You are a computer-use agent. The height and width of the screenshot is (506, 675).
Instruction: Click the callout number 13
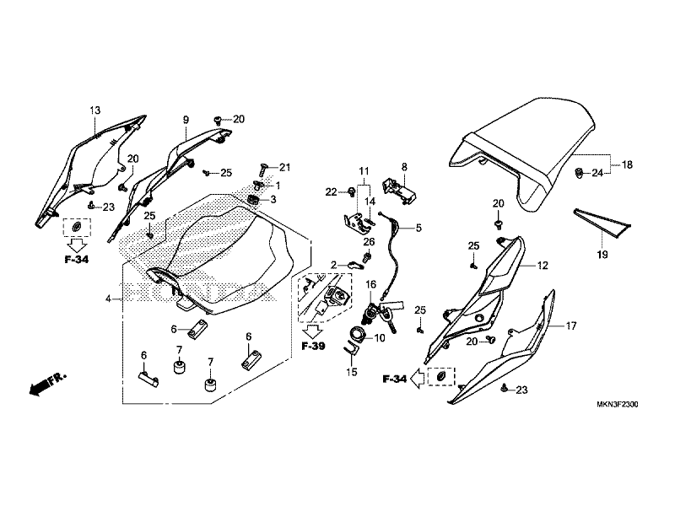(x=95, y=111)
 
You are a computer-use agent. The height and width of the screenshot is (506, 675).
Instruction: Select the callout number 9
(x=185, y=121)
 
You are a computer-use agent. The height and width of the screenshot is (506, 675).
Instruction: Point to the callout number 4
(x=108, y=299)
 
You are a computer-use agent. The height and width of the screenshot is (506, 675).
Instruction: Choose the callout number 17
(x=570, y=326)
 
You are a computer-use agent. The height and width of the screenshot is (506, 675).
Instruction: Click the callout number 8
(x=404, y=167)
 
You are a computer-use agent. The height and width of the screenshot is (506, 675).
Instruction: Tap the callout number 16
(x=370, y=285)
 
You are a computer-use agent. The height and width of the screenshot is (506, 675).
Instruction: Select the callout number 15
(x=352, y=371)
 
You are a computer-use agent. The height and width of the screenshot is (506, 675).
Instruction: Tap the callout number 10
(x=380, y=338)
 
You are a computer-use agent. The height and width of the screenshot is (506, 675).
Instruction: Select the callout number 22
(x=332, y=193)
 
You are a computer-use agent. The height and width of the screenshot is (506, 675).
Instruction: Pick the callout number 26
(x=368, y=242)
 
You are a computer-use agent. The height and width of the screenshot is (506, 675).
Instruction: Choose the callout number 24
(x=595, y=174)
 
